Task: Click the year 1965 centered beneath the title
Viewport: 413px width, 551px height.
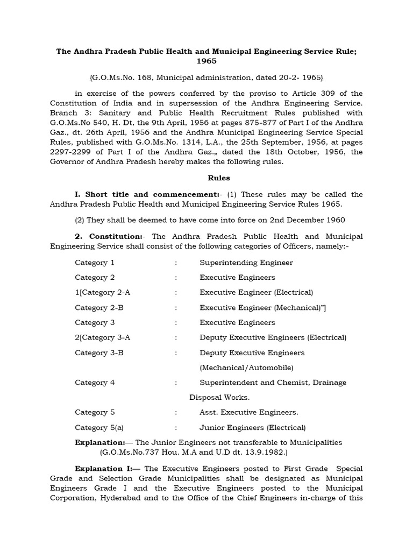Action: point(206,61)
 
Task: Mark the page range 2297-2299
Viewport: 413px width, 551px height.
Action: point(69,152)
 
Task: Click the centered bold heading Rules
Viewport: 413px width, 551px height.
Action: point(206,177)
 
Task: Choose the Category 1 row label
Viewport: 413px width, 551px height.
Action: point(95,263)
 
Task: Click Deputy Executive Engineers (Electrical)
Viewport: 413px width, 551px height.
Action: point(273,338)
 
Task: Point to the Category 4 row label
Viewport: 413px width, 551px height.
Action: point(95,383)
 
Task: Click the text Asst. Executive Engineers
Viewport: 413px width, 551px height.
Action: point(249,413)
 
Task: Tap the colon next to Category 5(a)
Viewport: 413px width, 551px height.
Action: point(175,428)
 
